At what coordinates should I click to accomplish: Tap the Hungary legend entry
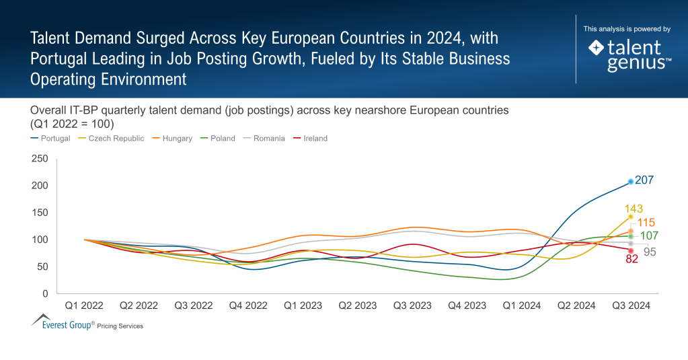[x=178, y=139]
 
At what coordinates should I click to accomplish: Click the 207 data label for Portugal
[x=644, y=180]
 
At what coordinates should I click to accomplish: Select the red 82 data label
[x=632, y=259]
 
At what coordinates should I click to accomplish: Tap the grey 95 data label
[x=650, y=252]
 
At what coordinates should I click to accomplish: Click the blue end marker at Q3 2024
[x=631, y=182]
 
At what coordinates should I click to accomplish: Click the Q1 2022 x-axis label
[x=84, y=305]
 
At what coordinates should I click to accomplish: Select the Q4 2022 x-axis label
[x=248, y=305]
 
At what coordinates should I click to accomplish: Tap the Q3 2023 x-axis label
[x=412, y=305]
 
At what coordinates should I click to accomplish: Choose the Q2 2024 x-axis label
[x=576, y=305]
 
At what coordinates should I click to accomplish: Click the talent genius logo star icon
[x=596, y=48]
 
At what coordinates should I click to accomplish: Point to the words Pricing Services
[x=120, y=326]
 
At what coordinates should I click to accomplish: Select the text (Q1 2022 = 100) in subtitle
[x=72, y=124]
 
